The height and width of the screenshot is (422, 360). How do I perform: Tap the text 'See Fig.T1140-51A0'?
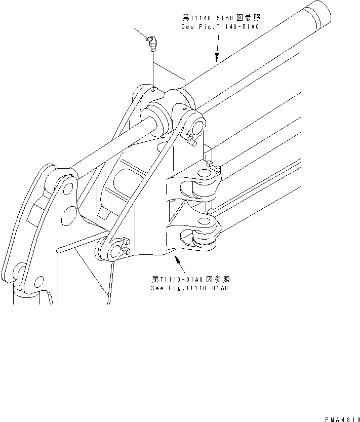(x=220, y=27)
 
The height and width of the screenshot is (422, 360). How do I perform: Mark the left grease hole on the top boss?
(x=153, y=91)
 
